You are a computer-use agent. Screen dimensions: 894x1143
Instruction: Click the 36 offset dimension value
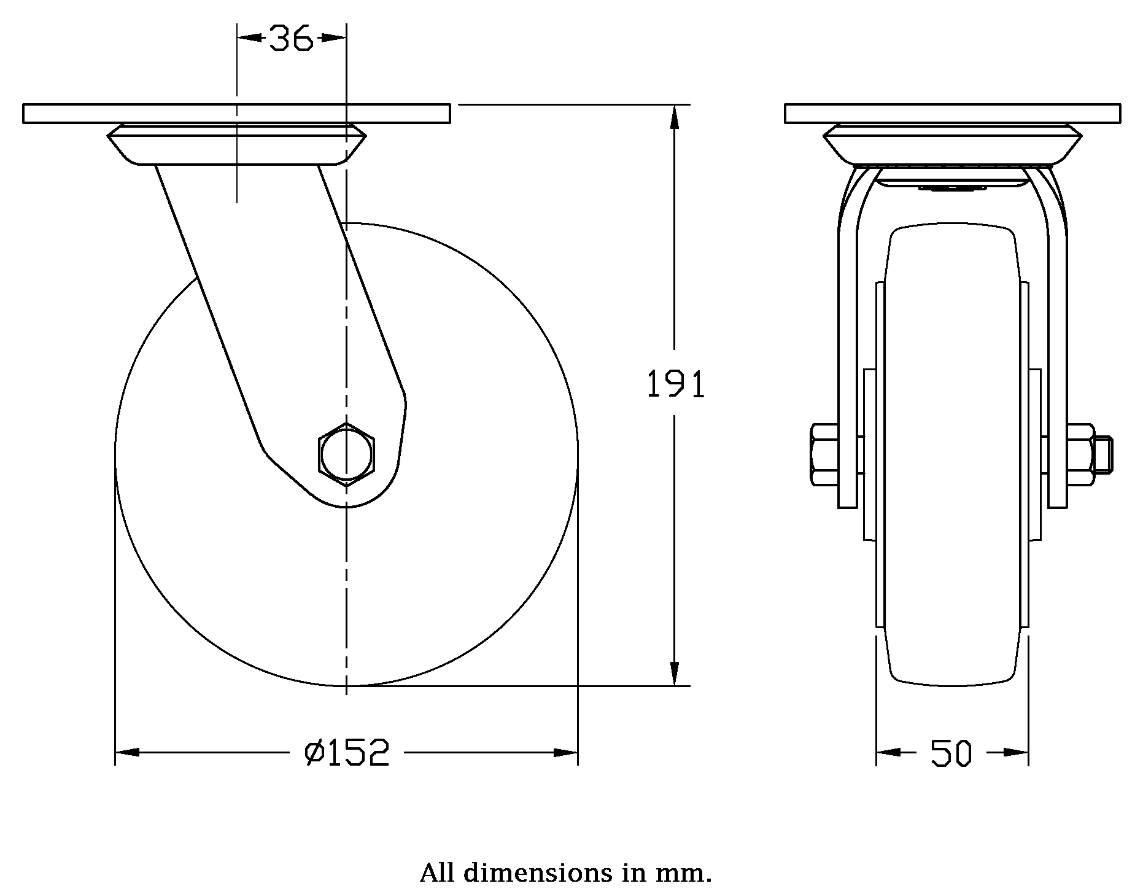(292, 39)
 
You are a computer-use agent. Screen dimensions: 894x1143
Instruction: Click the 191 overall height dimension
(676, 385)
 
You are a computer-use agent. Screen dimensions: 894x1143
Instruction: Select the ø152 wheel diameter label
(347, 753)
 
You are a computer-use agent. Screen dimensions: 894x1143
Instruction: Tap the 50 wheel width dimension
(951, 753)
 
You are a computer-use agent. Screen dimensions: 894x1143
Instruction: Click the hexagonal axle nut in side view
(346, 454)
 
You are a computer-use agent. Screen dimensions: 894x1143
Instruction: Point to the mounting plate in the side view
(236, 114)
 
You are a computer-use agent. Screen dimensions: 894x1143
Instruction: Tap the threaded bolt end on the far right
(1104, 454)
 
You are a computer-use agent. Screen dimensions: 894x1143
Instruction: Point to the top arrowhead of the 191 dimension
(675, 117)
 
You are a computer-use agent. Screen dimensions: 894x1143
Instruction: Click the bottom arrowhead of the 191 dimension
(675, 674)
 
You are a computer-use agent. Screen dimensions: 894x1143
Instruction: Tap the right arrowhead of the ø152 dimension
(565, 752)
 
